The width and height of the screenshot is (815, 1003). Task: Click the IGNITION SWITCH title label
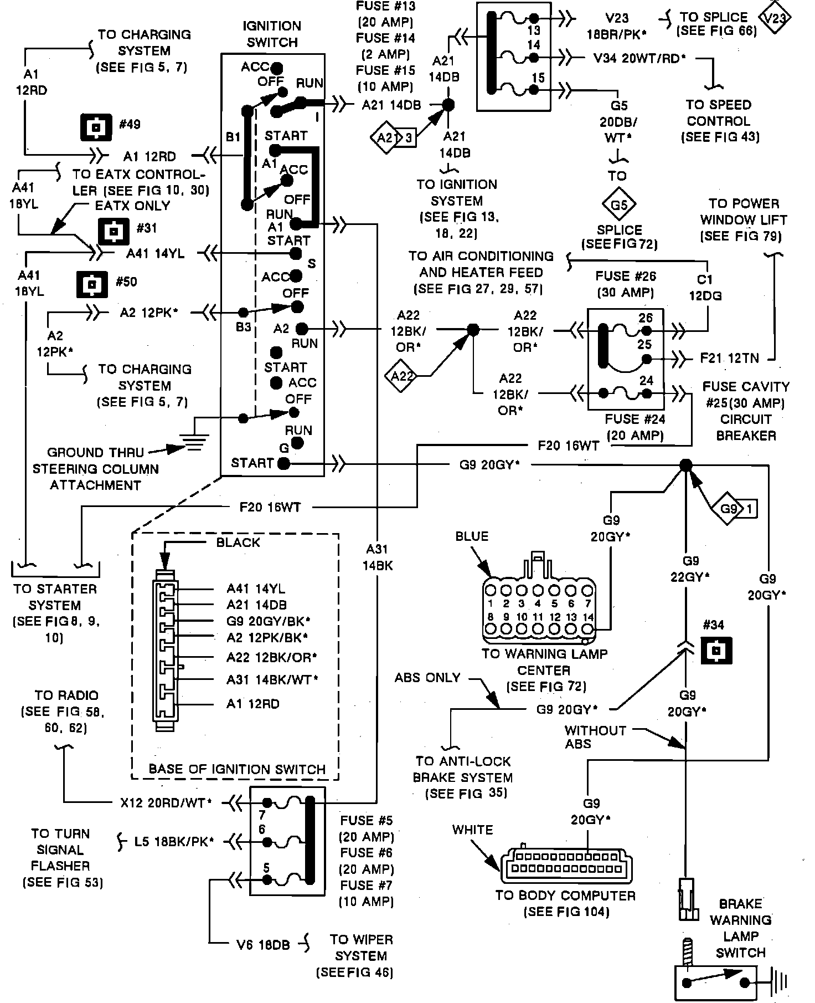click(272, 34)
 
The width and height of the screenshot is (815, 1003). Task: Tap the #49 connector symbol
click(96, 127)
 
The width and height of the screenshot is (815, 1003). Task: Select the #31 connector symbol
click(114, 231)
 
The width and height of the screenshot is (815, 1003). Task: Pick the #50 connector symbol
click(91, 285)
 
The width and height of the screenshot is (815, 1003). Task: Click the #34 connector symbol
click(716, 650)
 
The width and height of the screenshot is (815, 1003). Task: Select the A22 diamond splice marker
click(402, 376)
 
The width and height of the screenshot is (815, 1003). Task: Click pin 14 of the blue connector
click(587, 629)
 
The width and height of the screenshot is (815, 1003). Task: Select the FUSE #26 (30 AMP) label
click(625, 284)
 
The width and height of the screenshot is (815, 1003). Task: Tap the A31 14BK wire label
click(378, 557)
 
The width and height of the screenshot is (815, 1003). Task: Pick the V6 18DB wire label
click(260, 945)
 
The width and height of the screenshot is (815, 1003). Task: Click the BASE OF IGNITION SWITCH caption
click(237, 769)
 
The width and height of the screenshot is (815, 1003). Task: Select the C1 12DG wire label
click(705, 288)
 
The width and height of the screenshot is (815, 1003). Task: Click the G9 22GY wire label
click(689, 569)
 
